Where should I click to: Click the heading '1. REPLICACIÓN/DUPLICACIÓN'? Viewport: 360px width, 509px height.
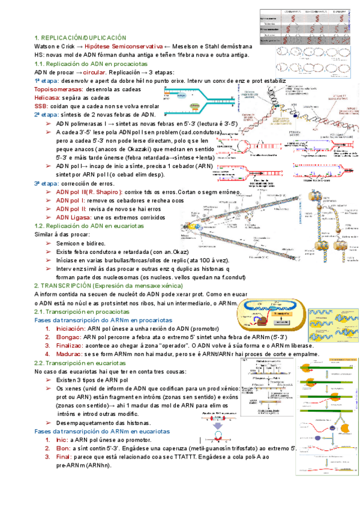click(80, 37)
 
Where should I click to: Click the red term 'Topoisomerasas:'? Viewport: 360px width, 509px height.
click(59, 89)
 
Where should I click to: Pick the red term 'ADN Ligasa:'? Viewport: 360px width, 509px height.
click(74, 217)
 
